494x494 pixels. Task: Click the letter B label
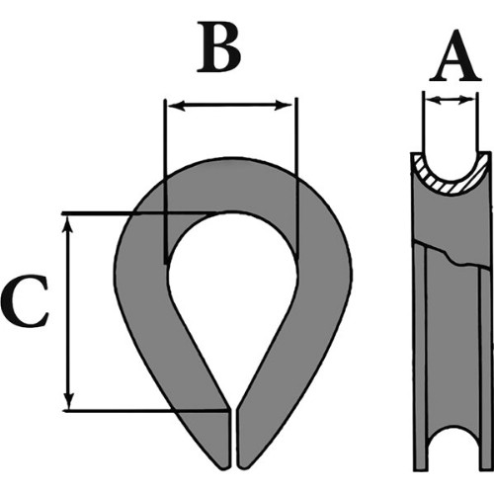(218, 46)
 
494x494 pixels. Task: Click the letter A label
(455, 55)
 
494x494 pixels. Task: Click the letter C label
(25, 302)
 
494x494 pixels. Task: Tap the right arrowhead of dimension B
(284, 106)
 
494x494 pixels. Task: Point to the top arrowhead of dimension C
(68, 225)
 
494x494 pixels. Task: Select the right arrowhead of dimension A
(467, 99)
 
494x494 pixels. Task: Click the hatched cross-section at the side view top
(450, 181)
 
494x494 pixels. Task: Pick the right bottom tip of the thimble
(242, 467)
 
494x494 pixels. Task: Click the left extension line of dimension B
(166, 181)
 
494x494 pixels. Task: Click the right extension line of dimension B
(297, 179)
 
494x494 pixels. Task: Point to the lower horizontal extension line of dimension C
(145, 411)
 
